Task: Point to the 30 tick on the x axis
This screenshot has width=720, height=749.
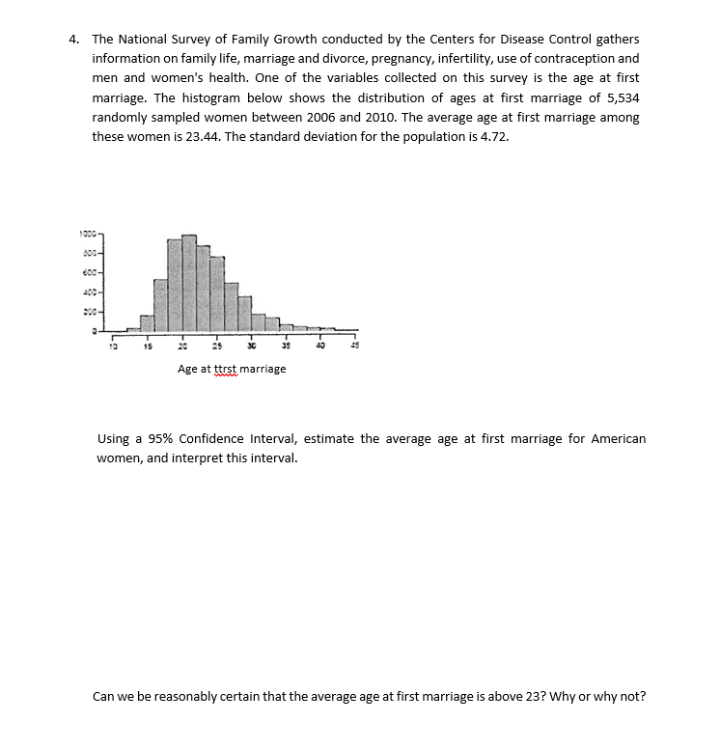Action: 251,347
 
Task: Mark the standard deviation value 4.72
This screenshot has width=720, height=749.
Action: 490,136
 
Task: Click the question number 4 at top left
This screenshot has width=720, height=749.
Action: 73,40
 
